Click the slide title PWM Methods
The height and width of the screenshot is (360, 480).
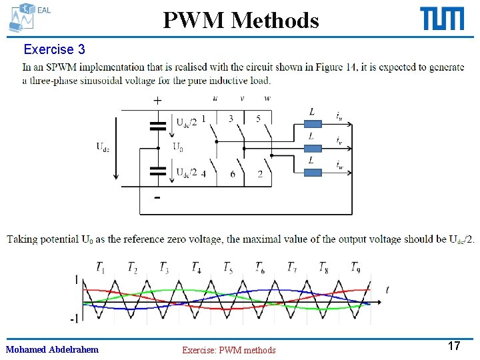(x=241, y=20)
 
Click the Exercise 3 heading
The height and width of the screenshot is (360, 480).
(x=54, y=49)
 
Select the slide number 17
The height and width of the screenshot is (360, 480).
(x=454, y=345)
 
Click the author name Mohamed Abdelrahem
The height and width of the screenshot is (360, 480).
(x=52, y=349)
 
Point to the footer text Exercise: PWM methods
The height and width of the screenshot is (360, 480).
(x=229, y=350)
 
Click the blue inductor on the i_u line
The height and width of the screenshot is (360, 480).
(x=313, y=122)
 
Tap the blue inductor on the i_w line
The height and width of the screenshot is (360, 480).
(x=313, y=171)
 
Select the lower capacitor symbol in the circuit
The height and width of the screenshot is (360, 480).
(x=158, y=171)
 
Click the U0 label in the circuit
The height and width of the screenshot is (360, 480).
(x=179, y=147)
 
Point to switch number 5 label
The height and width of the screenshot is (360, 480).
(x=259, y=119)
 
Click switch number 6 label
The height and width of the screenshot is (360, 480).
(x=232, y=174)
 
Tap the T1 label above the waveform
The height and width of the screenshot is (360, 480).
(x=100, y=268)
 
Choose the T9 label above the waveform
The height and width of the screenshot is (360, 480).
(x=357, y=268)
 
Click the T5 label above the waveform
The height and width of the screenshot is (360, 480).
(x=228, y=268)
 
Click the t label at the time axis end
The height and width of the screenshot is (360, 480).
(x=387, y=289)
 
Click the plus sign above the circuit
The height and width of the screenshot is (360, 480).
(x=157, y=101)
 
